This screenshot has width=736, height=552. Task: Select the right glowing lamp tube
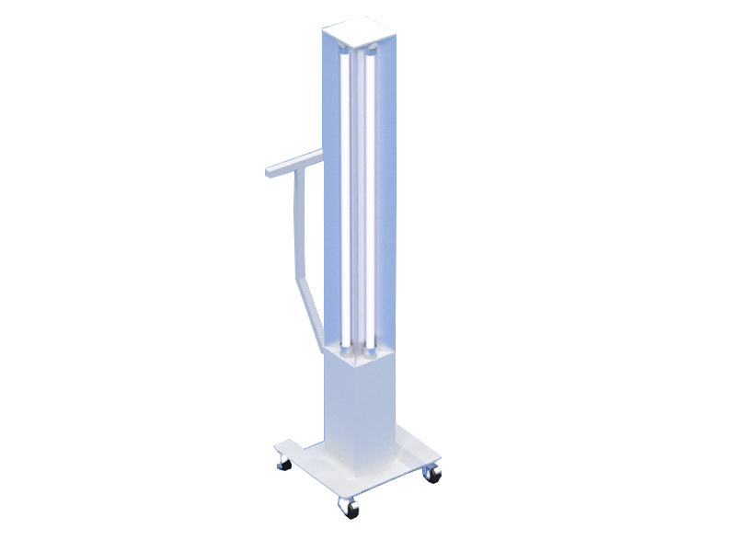(x=369, y=202)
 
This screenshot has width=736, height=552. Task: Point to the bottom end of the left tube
(x=345, y=348)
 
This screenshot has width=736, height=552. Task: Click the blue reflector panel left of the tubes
(x=332, y=184)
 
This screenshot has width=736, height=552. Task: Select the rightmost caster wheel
(x=431, y=474)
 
